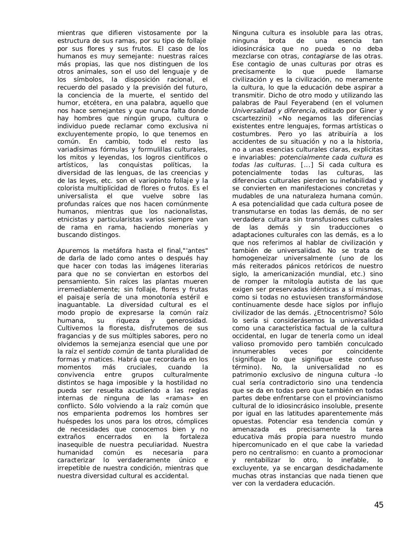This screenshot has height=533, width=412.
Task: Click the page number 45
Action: (x=378, y=505)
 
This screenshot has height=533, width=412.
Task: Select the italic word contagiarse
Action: (x=320, y=56)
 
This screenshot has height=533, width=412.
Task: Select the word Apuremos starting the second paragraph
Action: (x=72, y=251)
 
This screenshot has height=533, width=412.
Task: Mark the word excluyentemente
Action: (x=85, y=134)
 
